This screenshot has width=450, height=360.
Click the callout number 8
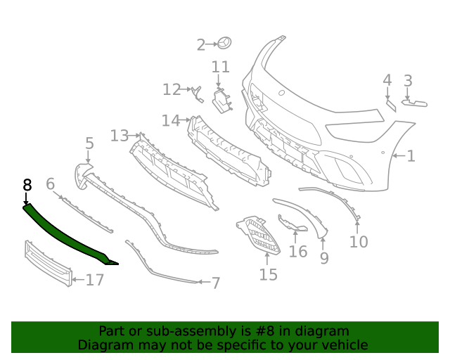pos(27,185)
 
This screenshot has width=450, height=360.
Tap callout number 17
pos(94,280)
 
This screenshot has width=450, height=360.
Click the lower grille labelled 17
pos(48,264)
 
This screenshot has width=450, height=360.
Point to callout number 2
pos(200,45)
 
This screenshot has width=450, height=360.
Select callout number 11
pos(221,67)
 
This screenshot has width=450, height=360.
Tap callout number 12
pos(172,89)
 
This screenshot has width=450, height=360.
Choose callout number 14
pos(170,120)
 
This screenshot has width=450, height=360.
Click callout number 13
pos(120,135)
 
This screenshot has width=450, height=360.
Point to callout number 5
pos(89,144)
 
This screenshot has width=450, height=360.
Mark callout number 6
pos(50,184)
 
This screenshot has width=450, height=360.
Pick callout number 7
pos(216,283)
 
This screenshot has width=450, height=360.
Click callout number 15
pos(268,274)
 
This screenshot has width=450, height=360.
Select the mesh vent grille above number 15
pos(259,235)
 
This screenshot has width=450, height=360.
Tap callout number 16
pos(298,251)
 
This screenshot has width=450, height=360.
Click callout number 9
pos(324,259)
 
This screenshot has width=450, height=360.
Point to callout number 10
pos(359,242)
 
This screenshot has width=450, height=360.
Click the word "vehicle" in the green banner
pos(342,345)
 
